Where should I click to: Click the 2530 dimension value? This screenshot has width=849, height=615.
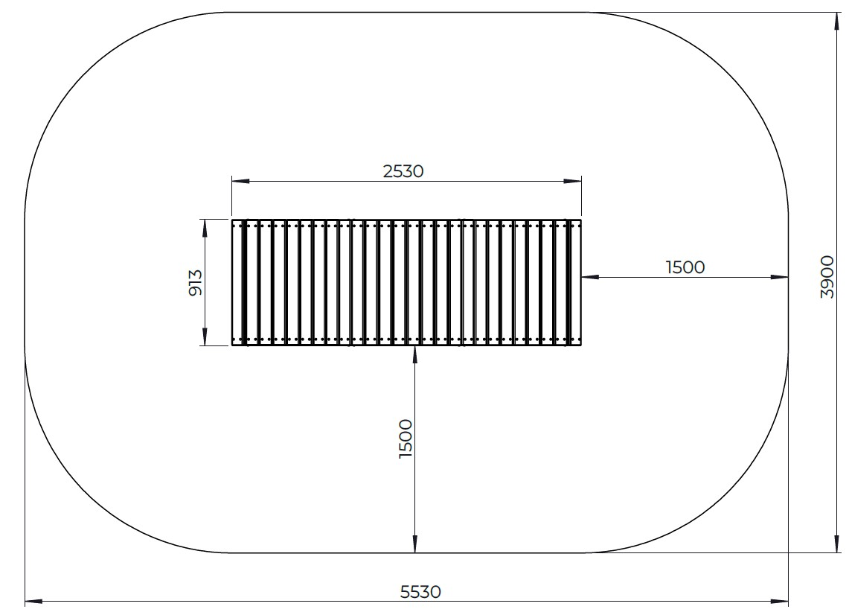pyautogui.click(x=403, y=171)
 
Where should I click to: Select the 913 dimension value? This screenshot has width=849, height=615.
pyautogui.click(x=195, y=282)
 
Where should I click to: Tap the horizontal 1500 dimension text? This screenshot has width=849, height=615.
pyautogui.click(x=685, y=267)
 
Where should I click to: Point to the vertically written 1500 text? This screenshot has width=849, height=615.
pyautogui.click(x=406, y=439)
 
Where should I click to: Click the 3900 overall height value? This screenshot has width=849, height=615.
pyautogui.click(x=827, y=277)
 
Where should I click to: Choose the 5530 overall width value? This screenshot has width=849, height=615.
pyautogui.click(x=420, y=592)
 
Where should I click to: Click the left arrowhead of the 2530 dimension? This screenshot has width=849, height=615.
pyautogui.click(x=240, y=181)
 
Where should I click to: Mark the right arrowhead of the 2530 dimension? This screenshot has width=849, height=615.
pyautogui.click(x=572, y=181)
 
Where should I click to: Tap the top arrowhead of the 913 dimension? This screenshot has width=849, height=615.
pyautogui.click(x=205, y=228)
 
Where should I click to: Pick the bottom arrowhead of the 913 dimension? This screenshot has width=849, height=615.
pyautogui.click(x=205, y=337)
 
